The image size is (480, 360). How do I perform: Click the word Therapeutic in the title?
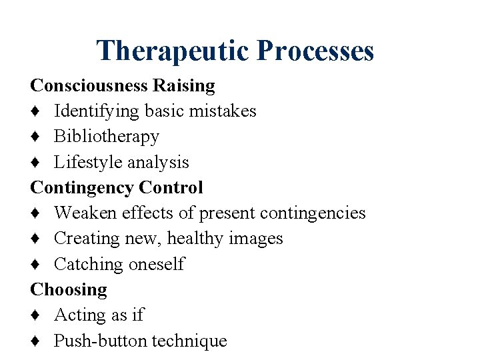pos(173,51)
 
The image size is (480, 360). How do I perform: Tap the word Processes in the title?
pos(315,51)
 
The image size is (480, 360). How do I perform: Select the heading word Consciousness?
pos(89,85)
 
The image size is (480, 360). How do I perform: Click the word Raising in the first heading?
pos(184,85)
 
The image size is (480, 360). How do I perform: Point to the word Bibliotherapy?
pos(107,137)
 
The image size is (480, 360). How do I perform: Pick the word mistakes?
pos(223,111)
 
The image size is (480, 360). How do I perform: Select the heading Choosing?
pos(69,290)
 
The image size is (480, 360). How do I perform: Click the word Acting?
pos(78,315)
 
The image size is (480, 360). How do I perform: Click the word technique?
pos(189,341)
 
